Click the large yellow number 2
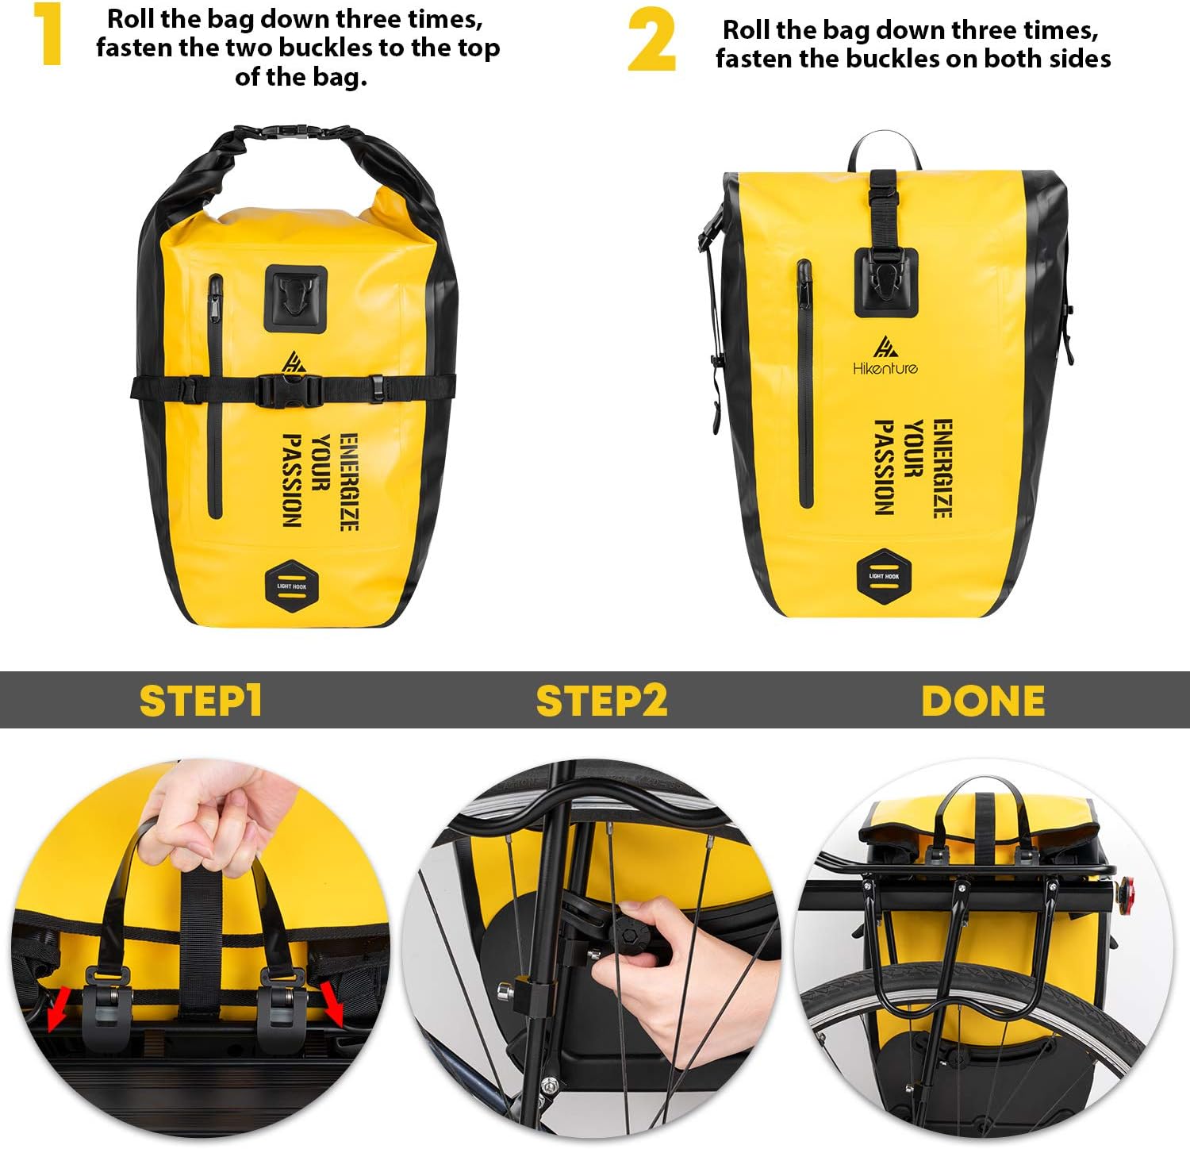[651, 41]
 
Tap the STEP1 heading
[200, 701]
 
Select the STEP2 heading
[601, 701]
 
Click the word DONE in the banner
[983, 701]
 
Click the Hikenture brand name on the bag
[885, 368]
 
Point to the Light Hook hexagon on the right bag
[884, 575]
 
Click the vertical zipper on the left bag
[215, 397]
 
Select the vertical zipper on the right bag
[805, 385]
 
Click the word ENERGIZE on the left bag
[348, 482]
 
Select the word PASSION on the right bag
[884, 467]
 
